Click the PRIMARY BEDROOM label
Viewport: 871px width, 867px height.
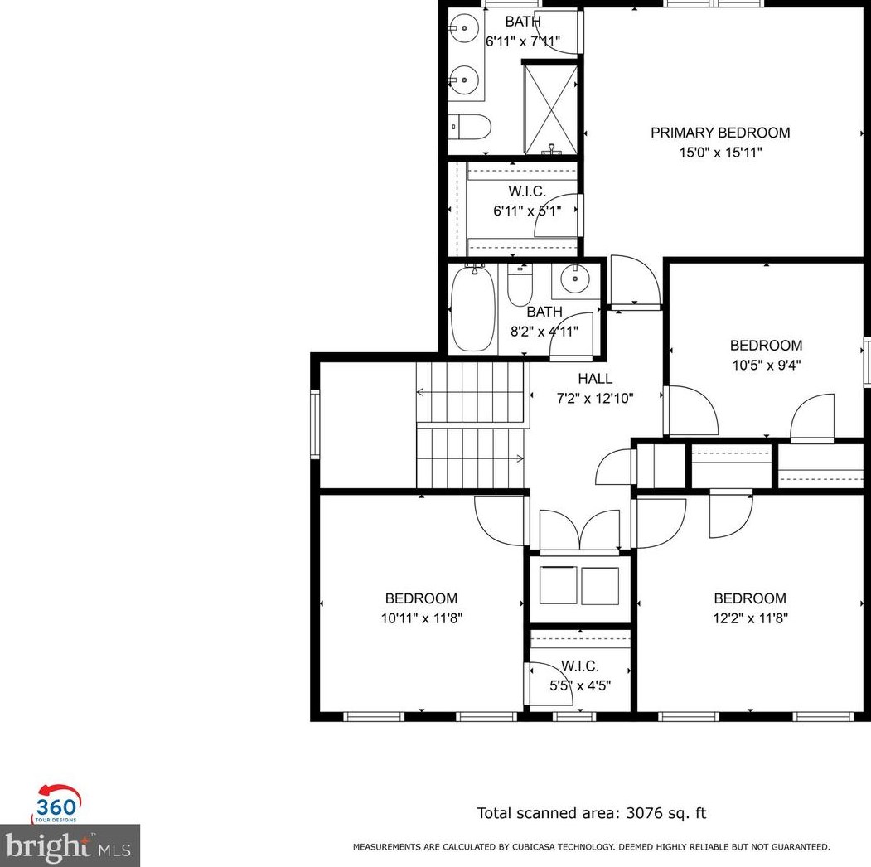pyautogui.click(x=719, y=133)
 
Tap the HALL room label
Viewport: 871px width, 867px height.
pyautogui.click(x=595, y=379)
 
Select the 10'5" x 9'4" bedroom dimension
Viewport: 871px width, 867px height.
pyautogui.click(x=766, y=364)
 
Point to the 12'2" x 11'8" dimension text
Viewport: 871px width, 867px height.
pyautogui.click(x=750, y=618)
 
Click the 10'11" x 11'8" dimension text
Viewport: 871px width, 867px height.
pyautogui.click(x=421, y=618)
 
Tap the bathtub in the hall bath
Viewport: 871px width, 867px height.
pyautogui.click(x=473, y=308)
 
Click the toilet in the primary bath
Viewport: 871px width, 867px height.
pyautogui.click(x=470, y=127)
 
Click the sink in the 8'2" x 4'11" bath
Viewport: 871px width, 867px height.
pyautogui.click(x=574, y=281)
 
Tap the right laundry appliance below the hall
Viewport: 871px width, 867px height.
pyautogui.click(x=599, y=585)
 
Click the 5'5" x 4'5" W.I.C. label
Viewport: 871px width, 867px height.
pyautogui.click(x=579, y=666)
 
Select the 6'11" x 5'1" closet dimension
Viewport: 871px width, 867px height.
pyautogui.click(x=527, y=211)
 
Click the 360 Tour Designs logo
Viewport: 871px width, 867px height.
pyautogui.click(x=56, y=803)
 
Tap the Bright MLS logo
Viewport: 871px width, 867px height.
pyautogui.click(x=70, y=845)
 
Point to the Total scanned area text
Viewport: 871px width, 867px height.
pyautogui.click(x=591, y=813)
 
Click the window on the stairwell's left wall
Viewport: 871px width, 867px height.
pyautogui.click(x=315, y=424)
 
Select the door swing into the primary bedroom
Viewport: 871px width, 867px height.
pyautogui.click(x=634, y=282)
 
